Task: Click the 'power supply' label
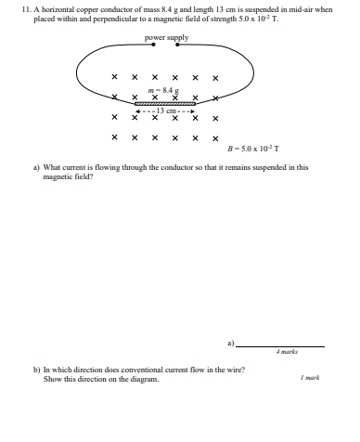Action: pos(167,38)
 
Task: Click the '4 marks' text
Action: pos(286,352)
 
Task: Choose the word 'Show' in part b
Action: pos(54,379)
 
